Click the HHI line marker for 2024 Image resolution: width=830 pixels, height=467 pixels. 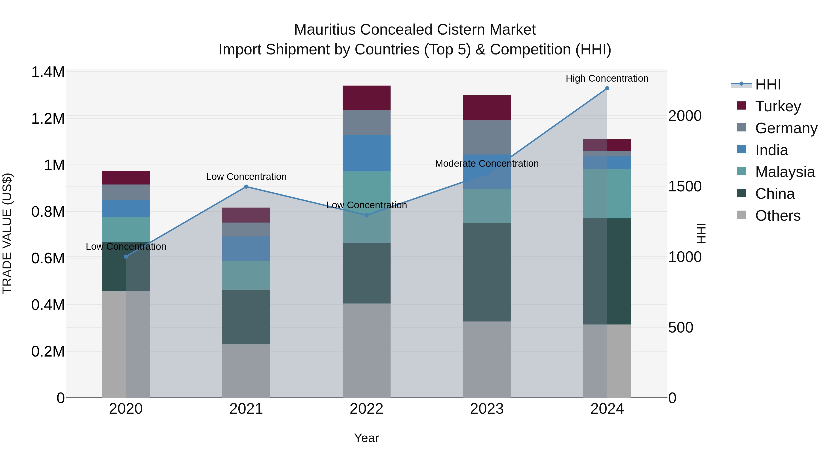pos(607,88)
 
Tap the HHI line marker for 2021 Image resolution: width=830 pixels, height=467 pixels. pos(246,187)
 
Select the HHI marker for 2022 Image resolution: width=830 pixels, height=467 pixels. pos(366,215)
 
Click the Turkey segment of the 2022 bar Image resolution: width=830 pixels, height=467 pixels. pos(366,98)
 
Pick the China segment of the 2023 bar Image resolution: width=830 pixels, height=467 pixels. pos(486,272)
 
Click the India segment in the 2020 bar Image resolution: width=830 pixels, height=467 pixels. pos(126,208)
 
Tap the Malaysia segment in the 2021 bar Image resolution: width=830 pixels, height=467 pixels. pos(246,275)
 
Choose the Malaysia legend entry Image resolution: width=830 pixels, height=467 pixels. pos(785,172)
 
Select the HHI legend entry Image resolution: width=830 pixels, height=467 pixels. pos(768,84)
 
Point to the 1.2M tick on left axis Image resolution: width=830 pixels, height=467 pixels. pos(48,119)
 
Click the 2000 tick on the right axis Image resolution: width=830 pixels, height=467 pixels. pos(685,116)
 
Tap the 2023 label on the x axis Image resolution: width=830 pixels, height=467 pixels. pos(486,409)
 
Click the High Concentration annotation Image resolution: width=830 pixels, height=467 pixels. pos(607,78)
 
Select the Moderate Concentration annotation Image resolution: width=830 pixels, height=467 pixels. pos(486,164)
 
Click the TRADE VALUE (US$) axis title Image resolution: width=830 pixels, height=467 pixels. pos(7,233)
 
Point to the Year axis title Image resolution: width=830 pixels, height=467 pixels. pos(366,438)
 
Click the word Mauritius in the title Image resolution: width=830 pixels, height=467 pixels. pos(325,30)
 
